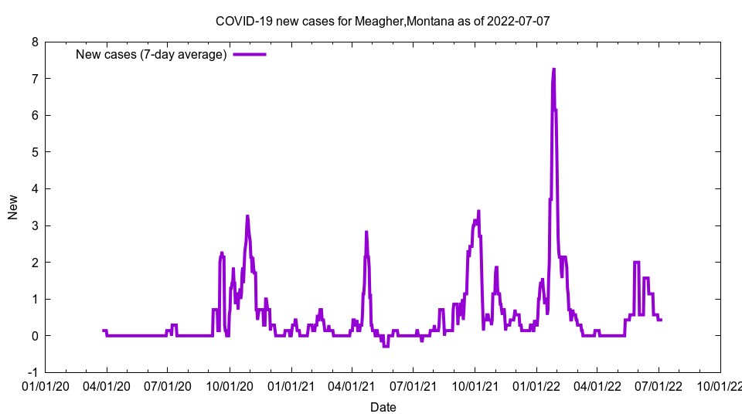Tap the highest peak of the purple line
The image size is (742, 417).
[553, 69]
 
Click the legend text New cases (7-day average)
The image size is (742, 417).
[151, 54]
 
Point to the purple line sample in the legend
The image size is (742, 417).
[250, 54]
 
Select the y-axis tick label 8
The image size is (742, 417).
[35, 42]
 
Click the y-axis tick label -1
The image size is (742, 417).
[32, 372]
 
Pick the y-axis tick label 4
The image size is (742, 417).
[35, 188]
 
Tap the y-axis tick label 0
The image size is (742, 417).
[35, 335]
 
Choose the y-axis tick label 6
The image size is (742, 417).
[35, 115]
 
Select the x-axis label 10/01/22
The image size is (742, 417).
[720, 385]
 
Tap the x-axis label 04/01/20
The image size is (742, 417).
[107, 385]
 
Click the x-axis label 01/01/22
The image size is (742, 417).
[536, 385]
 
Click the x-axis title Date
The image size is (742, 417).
[383, 407]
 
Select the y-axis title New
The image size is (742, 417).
[13, 207]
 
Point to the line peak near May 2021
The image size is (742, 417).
[366, 232]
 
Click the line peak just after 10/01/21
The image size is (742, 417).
[478, 211]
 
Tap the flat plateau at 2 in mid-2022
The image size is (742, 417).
[636, 262]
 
